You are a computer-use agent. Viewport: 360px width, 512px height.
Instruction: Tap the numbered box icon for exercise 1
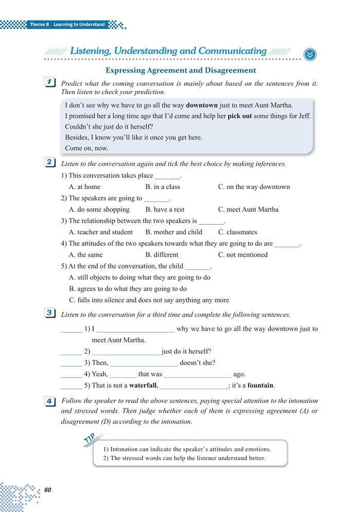(50, 83)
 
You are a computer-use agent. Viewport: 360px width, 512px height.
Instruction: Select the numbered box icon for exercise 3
(50, 313)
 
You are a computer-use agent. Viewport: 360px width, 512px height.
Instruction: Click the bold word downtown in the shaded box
(202, 105)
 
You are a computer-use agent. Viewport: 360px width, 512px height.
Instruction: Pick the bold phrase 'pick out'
(239, 116)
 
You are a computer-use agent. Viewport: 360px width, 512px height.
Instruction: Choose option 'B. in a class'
(163, 187)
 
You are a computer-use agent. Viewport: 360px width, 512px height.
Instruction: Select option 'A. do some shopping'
(99, 209)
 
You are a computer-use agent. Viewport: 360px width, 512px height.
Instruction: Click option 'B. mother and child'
(173, 232)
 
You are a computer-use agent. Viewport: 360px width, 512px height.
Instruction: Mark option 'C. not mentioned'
(243, 254)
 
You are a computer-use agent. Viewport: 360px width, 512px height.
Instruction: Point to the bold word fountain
(260, 385)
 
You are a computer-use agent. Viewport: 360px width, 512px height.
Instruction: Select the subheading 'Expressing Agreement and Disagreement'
(181, 70)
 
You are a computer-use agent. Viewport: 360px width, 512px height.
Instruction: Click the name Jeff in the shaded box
(303, 116)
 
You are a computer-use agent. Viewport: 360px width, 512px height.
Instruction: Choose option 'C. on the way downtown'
(254, 187)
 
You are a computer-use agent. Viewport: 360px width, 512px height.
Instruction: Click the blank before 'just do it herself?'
(126, 352)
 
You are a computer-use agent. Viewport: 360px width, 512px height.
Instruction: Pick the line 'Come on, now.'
(86, 148)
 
